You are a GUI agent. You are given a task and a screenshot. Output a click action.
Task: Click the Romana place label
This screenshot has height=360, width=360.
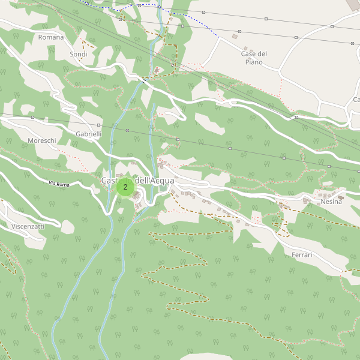click(x=50, y=37)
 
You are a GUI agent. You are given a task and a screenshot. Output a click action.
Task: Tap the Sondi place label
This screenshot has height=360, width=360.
click(x=79, y=54)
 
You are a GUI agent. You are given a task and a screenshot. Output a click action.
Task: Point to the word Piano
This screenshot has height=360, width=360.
click(x=254, y=62)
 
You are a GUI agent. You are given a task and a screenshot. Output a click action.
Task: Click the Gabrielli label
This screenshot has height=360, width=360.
click(x=88, y=134)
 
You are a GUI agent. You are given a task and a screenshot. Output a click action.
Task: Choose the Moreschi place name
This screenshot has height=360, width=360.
click(x=42, y=140)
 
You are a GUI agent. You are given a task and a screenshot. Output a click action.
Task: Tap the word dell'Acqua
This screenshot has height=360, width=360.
click(x=155, y=181)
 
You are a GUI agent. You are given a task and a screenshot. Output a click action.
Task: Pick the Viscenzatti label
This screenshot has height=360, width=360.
click(x=28, y=226)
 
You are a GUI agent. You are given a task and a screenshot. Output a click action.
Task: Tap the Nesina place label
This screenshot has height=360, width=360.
click(x=331, y=202)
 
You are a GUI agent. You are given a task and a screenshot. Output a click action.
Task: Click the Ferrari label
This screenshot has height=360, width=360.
click(x=302, y=255)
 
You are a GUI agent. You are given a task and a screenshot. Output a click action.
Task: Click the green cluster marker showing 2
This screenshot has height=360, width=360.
click(x=125, y=187)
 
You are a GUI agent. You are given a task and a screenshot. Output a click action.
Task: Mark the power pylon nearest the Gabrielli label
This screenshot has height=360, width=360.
click(x=99, y=125)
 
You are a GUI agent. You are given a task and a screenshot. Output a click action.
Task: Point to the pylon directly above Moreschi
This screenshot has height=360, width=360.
click(x=33, y=117)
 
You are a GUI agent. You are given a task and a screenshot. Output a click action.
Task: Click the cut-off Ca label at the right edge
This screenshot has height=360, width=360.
click(x=356, y=100)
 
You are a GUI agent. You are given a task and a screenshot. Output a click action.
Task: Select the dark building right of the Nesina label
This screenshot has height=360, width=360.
click(x=341, y=197)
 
